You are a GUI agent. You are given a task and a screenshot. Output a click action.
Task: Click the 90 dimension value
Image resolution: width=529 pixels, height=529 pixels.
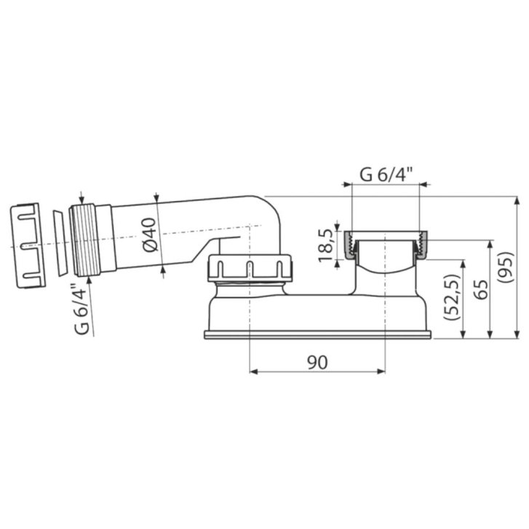click(x=317, y=362)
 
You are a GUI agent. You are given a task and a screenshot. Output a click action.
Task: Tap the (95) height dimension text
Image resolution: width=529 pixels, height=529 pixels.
click(x=506, y=267)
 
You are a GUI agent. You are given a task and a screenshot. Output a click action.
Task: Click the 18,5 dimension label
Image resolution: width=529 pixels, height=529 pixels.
click(x=327, y=245)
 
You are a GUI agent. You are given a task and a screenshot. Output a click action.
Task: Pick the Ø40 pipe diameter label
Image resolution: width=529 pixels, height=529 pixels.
click(x=150, y=235)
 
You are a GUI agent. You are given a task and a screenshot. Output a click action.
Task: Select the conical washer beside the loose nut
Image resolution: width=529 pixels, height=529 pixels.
click(x=59, y=244)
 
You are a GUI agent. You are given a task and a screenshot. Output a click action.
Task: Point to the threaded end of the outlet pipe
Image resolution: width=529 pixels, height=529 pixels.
click(x=84, y=240)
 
